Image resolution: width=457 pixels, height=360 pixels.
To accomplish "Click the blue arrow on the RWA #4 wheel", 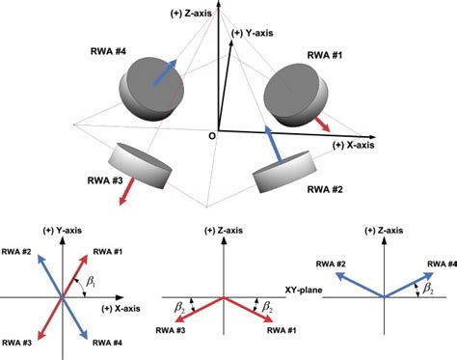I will (x=167, y=69).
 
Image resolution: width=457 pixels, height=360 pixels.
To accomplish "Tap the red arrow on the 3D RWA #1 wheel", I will (x=321, y=124).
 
